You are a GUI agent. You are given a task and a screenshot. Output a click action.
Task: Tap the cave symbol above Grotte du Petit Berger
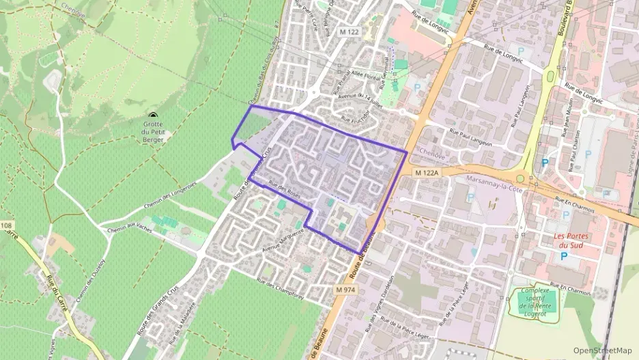pyautogui.click(x=152, y=117)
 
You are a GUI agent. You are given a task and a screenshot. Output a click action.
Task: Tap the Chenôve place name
pyautogui.click(x=431, y=152)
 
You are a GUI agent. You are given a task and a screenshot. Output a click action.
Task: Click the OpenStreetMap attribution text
pyautogui.click(x=603, y=350)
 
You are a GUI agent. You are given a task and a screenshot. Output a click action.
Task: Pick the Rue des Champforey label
pyautogui.click(x=280, y=289)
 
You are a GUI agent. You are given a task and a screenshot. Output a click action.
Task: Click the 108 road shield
pyautogui.click(x=6, y=225)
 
